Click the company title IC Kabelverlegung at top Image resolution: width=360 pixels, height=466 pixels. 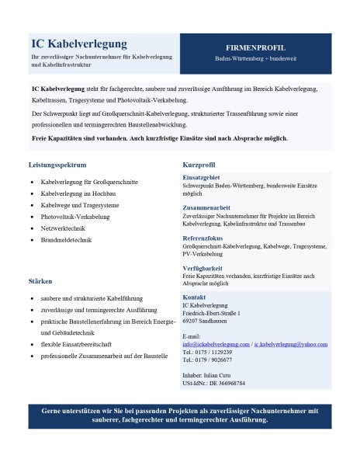click(80, 43)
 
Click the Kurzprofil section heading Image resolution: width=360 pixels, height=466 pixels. click(199, 165)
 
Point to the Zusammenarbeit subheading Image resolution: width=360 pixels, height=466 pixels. click(205, 208)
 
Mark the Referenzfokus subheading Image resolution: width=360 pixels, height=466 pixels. click(202, 238)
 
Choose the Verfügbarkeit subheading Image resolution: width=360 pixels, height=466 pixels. click(203, 268)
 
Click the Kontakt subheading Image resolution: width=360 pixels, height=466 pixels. click(195, 297)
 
